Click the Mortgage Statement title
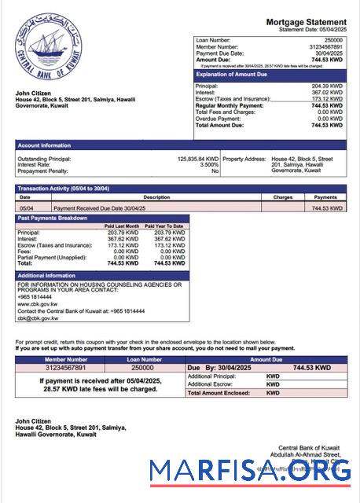coord(306,22)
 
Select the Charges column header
coord(283,196)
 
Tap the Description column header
coord(156,196)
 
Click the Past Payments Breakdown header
coord(53,218)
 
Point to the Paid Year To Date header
coord(170,226)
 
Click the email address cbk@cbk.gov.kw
coord(38,318)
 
